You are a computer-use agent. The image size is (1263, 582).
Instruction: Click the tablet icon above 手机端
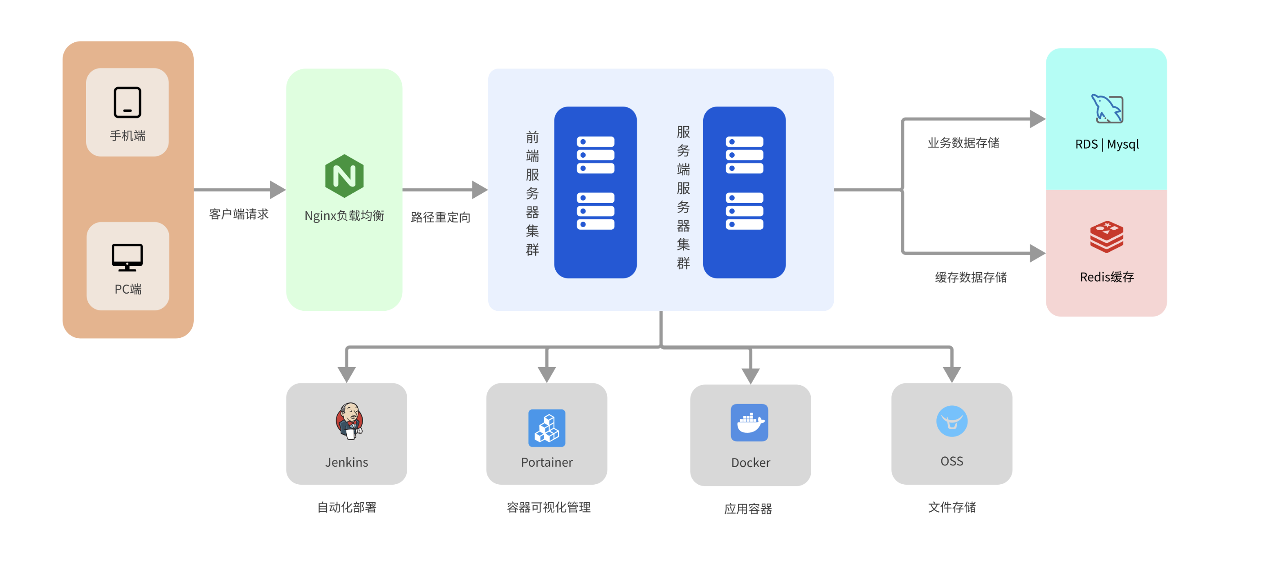127,102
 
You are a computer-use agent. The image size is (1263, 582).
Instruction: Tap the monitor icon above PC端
127,257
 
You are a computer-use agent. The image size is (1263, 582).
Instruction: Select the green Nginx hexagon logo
344,176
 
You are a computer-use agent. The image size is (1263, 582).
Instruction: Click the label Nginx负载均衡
344,216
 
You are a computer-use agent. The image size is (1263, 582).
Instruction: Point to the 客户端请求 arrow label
239,214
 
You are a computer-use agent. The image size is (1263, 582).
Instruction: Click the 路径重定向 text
440,217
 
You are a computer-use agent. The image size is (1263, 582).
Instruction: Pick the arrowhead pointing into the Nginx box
277,190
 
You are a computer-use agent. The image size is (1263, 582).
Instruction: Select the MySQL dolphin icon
1107,109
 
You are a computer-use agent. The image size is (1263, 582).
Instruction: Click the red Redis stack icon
1107,237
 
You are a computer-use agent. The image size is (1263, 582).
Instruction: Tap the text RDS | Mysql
1107,144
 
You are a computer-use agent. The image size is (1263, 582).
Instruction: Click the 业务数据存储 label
963,143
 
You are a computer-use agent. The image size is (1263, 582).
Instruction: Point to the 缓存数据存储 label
970,277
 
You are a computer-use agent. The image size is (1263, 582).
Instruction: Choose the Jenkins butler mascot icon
349,421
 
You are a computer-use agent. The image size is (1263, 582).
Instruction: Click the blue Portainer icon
547,427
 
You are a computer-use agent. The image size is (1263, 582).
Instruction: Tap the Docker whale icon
749,423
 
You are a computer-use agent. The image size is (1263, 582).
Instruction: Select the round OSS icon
952,421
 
